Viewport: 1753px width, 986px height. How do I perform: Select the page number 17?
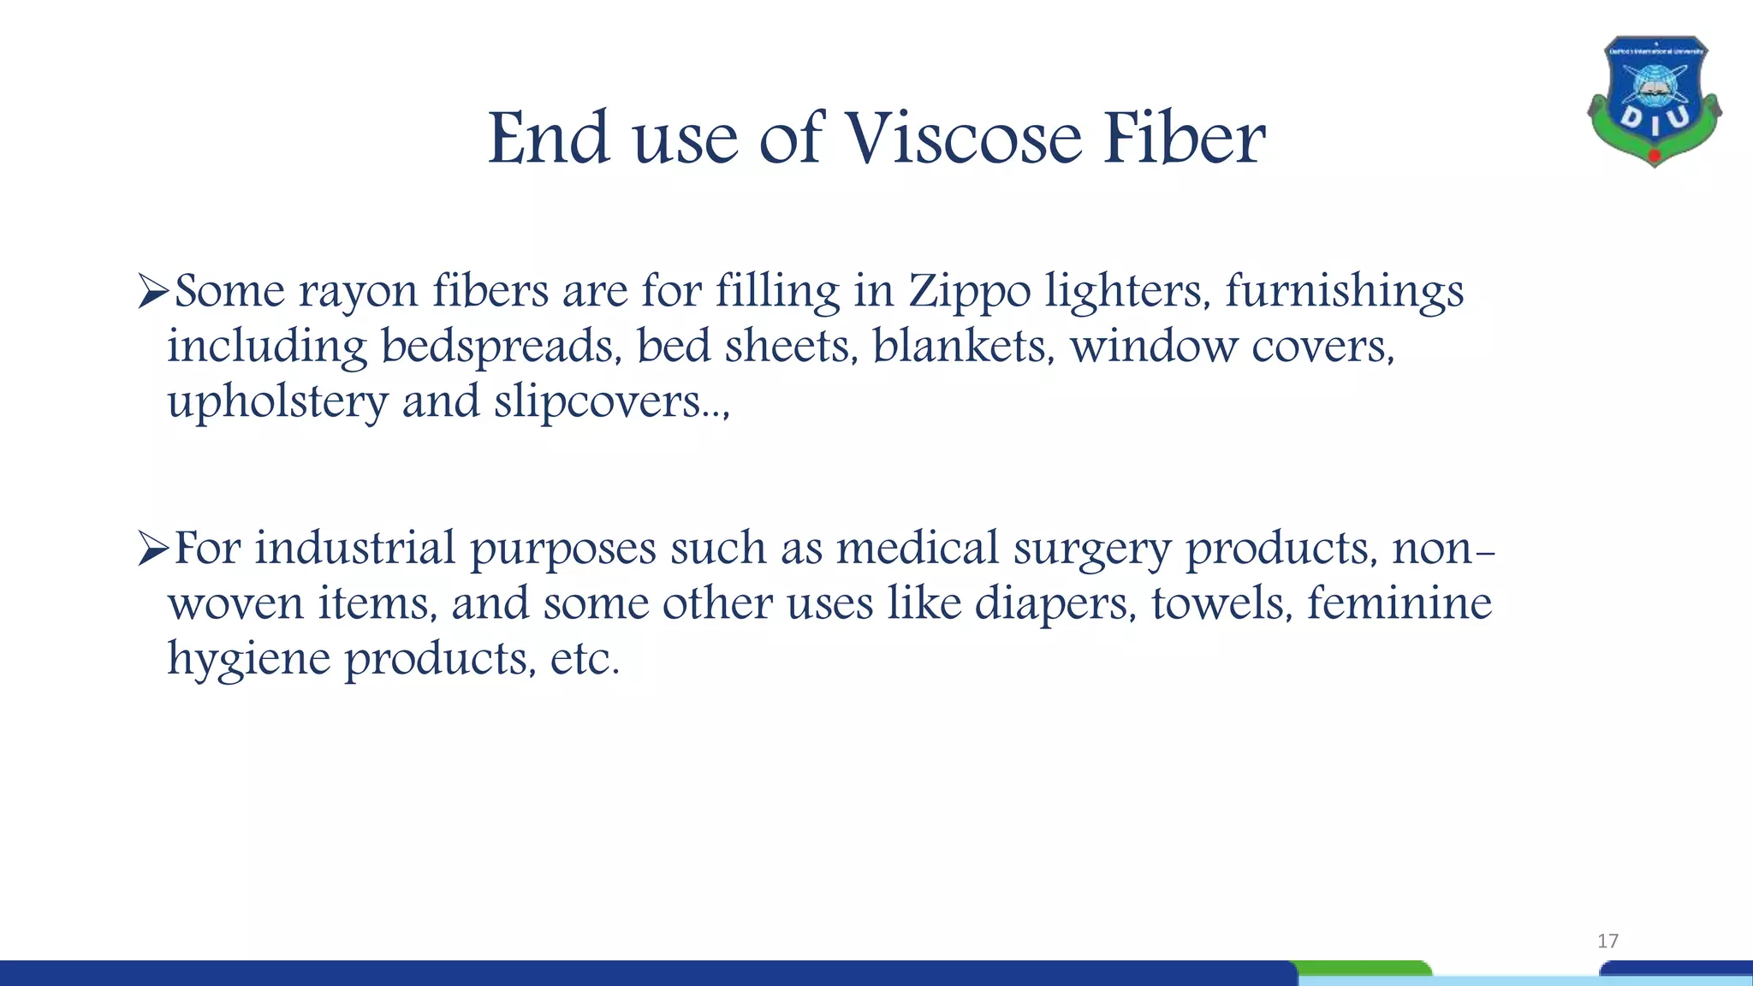pos(1607,941)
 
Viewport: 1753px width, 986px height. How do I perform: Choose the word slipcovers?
pos(597,402)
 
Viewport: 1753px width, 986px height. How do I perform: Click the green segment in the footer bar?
pos(1364,968)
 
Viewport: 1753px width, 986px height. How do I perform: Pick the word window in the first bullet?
pos(1153,347)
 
